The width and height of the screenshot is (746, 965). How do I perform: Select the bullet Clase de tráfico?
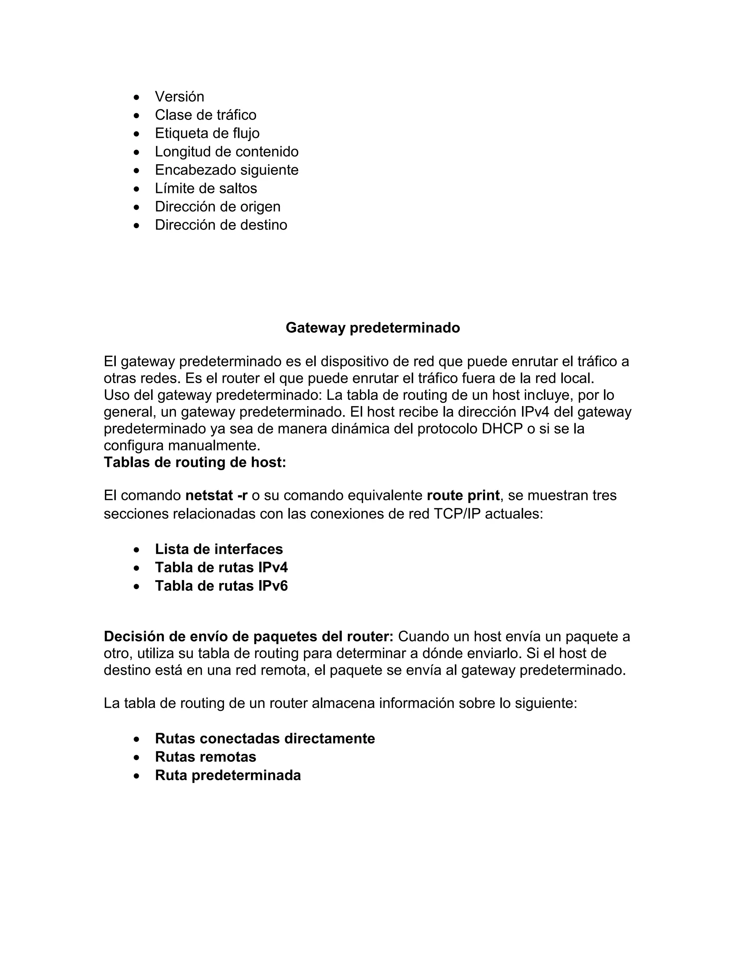205,115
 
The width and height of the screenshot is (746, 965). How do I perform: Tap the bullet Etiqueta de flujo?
207,133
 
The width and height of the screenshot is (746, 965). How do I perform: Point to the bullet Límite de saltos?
205,188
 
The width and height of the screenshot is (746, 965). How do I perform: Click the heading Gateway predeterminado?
373,327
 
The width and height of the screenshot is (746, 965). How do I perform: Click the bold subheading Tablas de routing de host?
195,462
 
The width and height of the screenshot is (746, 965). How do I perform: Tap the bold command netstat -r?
216,495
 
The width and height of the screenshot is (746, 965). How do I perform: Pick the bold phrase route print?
463,495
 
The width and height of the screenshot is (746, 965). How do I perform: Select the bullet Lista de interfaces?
219,549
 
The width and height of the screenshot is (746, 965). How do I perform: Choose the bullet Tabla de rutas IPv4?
221,567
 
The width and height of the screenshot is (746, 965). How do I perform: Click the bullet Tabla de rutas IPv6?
221,586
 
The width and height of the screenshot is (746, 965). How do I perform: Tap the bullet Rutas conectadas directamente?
265,738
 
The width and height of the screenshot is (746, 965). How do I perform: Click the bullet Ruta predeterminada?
228,775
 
